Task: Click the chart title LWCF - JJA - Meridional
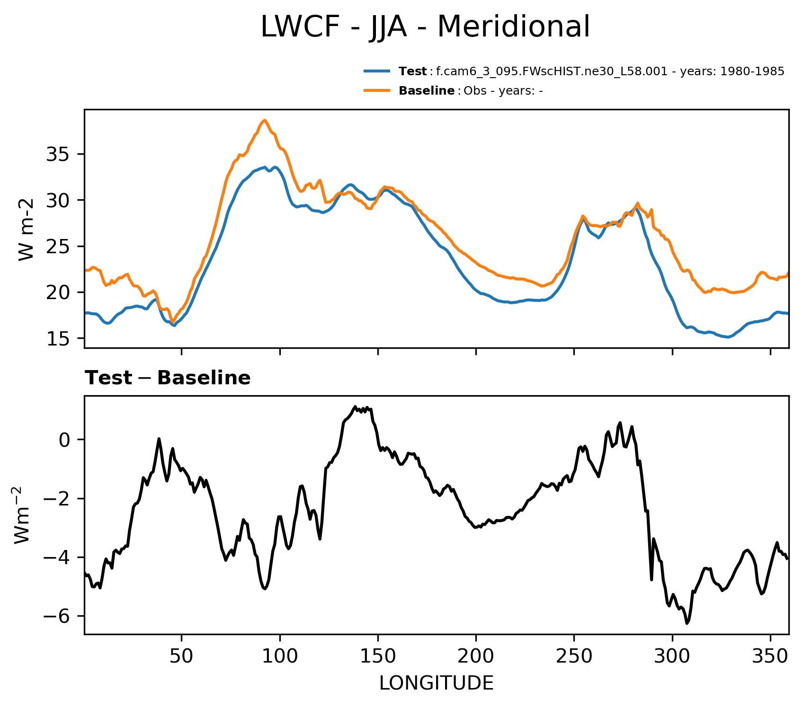click(425, 27)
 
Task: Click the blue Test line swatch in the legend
click(377, 71)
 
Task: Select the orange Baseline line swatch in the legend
click(377, 90)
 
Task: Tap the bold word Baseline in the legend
click(427, 91)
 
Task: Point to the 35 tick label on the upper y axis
click(58, 155)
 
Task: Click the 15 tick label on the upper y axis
click(58, 338)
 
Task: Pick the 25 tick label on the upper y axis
click(58, 247)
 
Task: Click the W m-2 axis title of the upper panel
click(27, 230)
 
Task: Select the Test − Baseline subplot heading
click(168, 378)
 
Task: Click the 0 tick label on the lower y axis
click(64, 440)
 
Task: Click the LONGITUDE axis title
click(436, 683)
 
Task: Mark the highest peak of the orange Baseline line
click(265, 120)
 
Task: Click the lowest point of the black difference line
click(687, 623)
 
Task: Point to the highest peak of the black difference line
click(355, 406)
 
